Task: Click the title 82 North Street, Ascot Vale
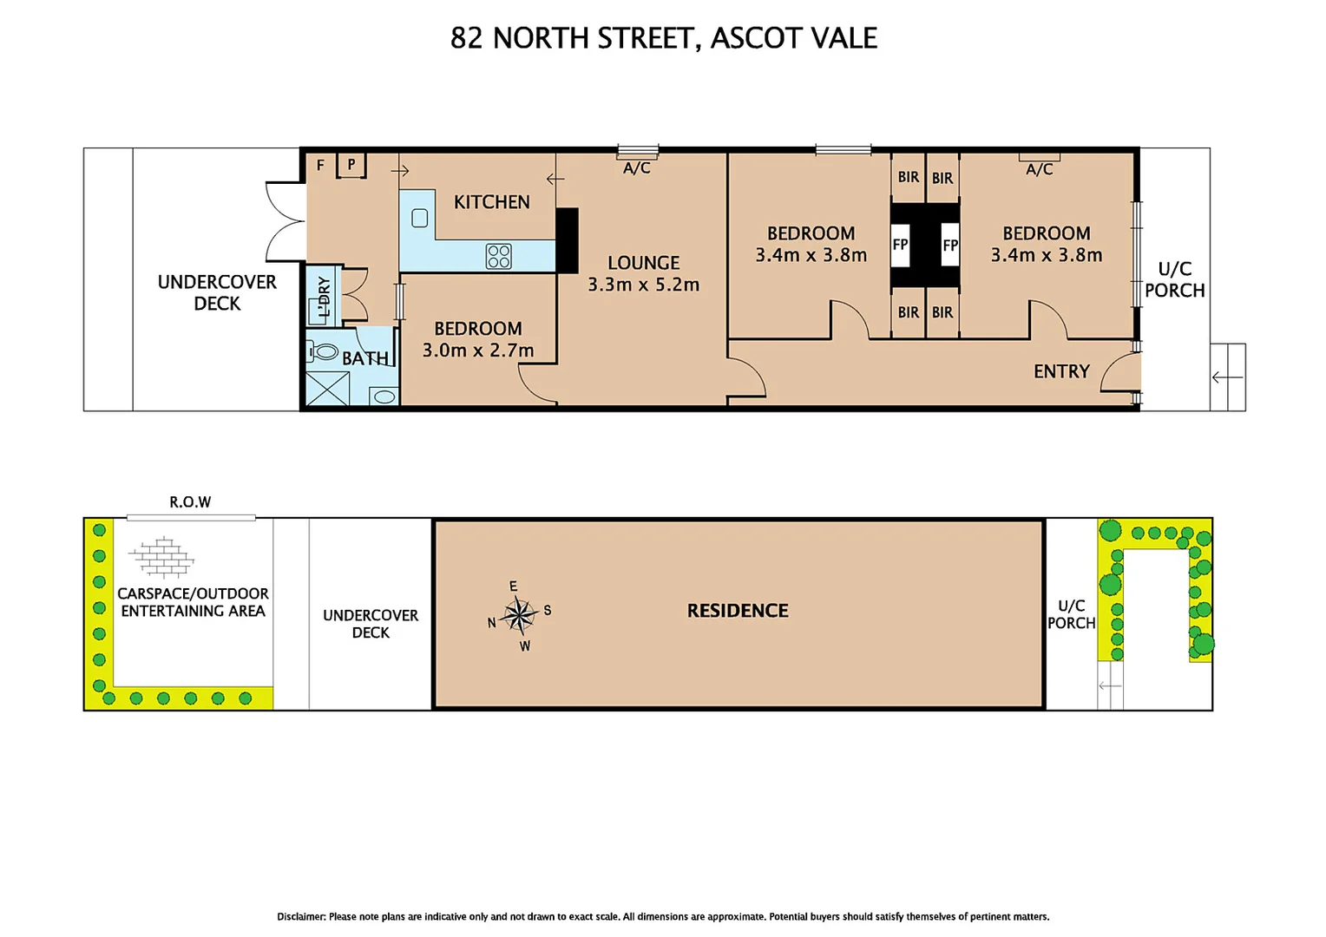pos(663,38)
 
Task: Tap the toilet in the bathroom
pos(324,351)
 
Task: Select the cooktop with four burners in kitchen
pos(498,256)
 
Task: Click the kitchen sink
pos(419,218)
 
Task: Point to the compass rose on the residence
pos(519,615)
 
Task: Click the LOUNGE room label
pos(643,263)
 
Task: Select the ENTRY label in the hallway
pos(1060,371)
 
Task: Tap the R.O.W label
pos(190,502)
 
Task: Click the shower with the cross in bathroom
pos(328,389)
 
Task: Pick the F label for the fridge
pos(320,165)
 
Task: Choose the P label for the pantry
pos(351,164)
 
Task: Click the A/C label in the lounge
pos(636,168)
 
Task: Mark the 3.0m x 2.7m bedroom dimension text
pos(478,351)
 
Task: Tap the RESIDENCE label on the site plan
pos(738,611)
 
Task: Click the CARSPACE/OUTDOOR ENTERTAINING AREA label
pos(193,602)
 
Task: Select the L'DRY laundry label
pos(324,297)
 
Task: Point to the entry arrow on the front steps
pos(1227,377)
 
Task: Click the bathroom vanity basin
pos(384,396)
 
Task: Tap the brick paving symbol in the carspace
pos(161,557)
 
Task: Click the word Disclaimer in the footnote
pos(300,917)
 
